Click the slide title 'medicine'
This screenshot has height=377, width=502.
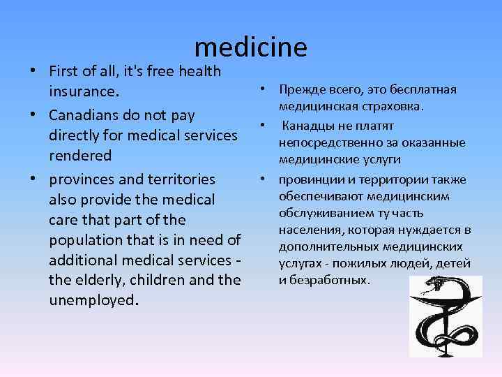251,47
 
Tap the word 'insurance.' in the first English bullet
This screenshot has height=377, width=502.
84,91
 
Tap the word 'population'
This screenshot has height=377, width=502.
86,240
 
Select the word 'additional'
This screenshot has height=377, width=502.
83,260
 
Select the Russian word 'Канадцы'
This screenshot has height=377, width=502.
309,126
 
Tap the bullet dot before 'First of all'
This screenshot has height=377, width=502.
34,72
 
